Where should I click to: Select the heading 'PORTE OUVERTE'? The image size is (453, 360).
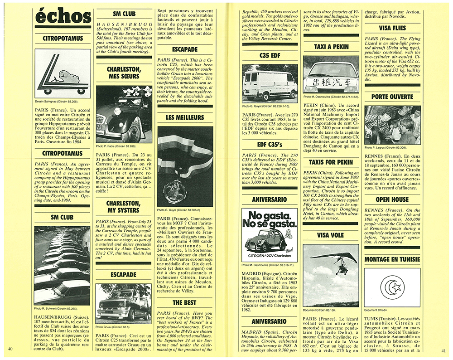coord(392,97)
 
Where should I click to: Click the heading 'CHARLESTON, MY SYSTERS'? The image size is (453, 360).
coord(122,207)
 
